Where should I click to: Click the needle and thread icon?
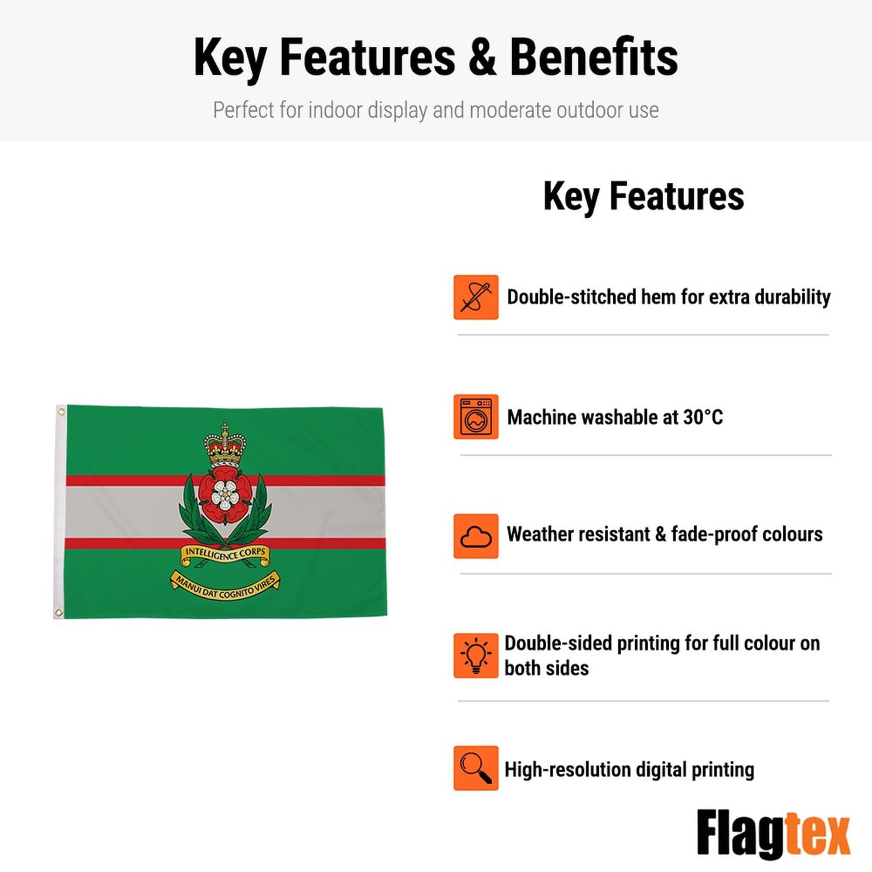(476, 297)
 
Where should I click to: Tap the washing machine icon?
(476, 416)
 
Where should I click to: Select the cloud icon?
(476, 536)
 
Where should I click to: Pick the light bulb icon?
(476, 655)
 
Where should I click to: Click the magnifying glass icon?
(476, 768)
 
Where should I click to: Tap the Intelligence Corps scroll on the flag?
(225, 555)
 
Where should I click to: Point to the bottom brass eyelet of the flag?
(58, 613)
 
